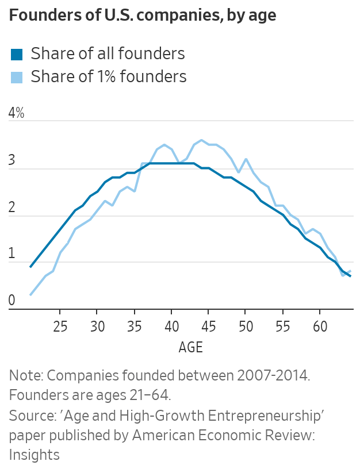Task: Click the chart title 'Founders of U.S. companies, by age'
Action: (143, 16)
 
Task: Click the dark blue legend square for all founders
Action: (17, 55)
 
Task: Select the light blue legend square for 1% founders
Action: (17, 76)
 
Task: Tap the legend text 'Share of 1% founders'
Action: (109, 76)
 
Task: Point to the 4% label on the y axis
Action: (17, 113)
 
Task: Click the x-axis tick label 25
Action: (60, 327)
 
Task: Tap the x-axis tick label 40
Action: (171, 327)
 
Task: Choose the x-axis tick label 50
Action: (246, 327)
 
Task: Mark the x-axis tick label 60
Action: (320, 327)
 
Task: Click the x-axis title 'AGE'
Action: (190, 348)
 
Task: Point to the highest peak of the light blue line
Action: (201, 140)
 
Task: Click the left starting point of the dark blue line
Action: (30, 267)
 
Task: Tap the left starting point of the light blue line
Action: (30, 295)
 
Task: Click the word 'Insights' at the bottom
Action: (35, 455)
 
